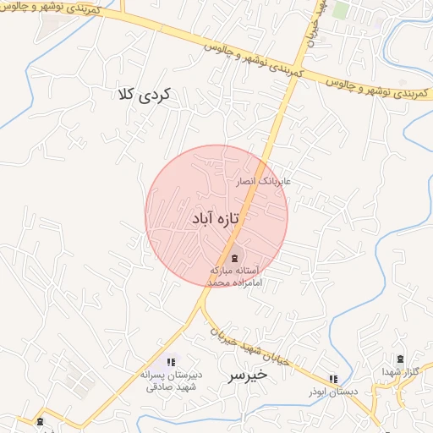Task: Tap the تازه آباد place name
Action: pos(216,219)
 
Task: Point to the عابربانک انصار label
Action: pos(264,181)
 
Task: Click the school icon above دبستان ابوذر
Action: pos(333,377)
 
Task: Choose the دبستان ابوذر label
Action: pos(332,392)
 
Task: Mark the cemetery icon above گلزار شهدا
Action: pos(400,359)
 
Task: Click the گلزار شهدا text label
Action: pos(399,373)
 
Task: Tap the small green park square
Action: pos(340,9)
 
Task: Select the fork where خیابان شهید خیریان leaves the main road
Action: pos(203,302)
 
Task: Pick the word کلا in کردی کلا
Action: pos(132,95)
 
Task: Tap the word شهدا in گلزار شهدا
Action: pos(391,373)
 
